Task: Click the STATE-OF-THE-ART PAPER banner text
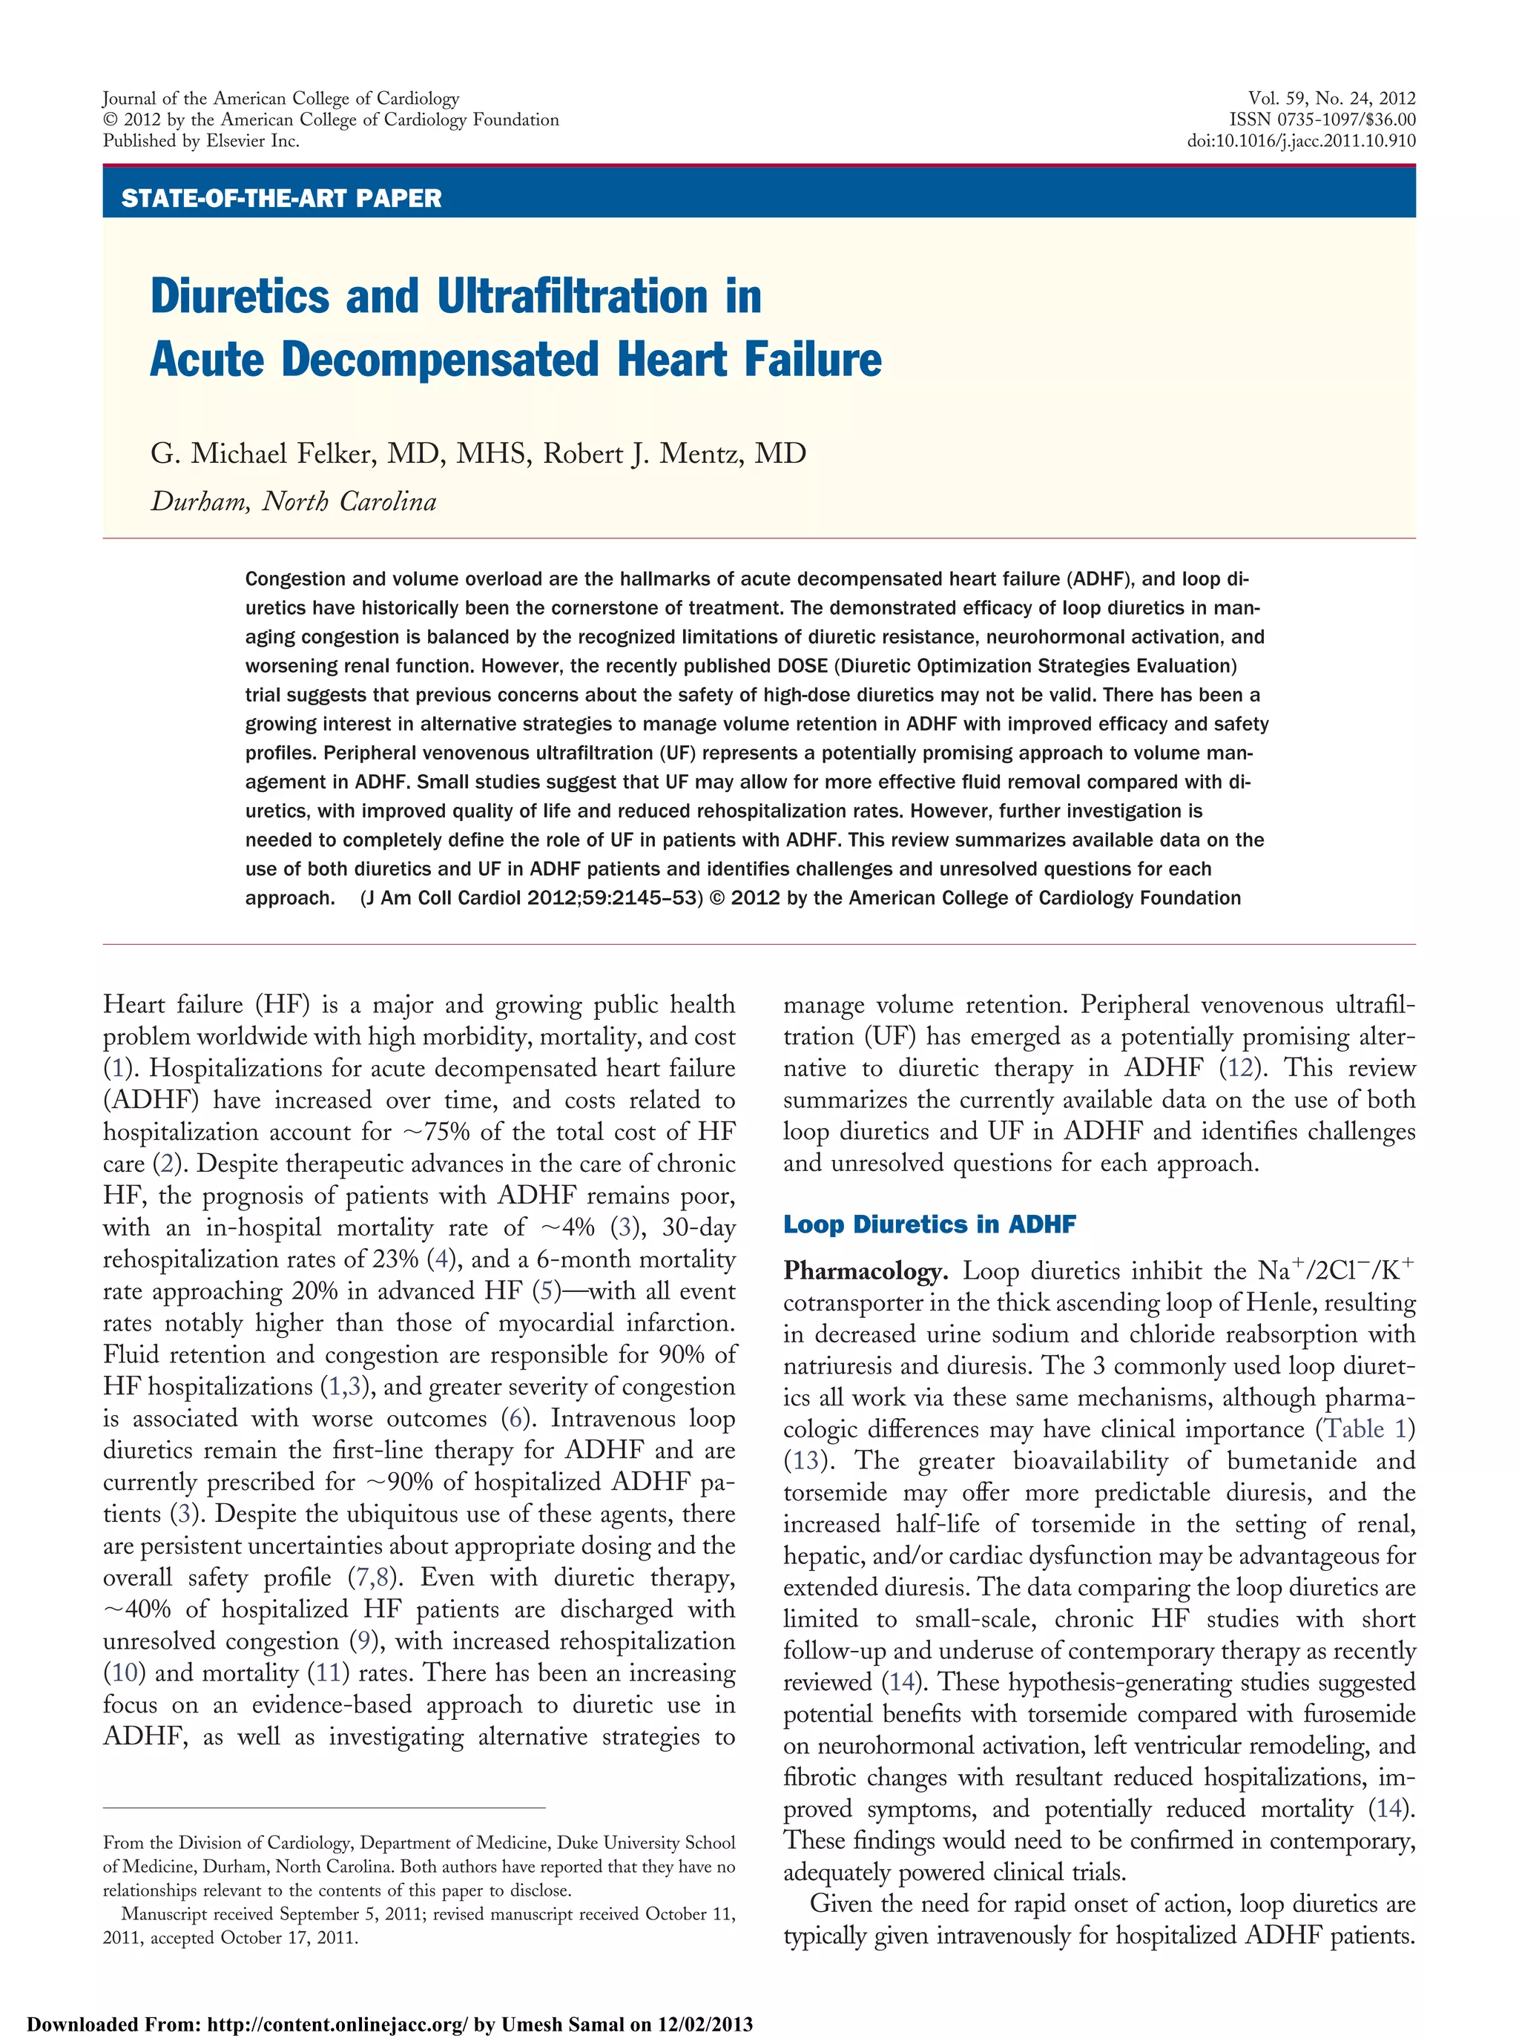tap(280, 198)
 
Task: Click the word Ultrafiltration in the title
tap(572, 297)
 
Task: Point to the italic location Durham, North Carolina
tap(293, 501)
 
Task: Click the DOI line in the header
tap(1300, 141)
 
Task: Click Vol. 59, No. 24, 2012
tap(1331, 99)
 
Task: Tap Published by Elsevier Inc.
tap(200, 141)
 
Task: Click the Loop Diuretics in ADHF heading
tap(929, 1224)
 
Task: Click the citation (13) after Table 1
tap(805, 1461)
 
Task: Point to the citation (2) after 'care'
tap(166, 1164)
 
